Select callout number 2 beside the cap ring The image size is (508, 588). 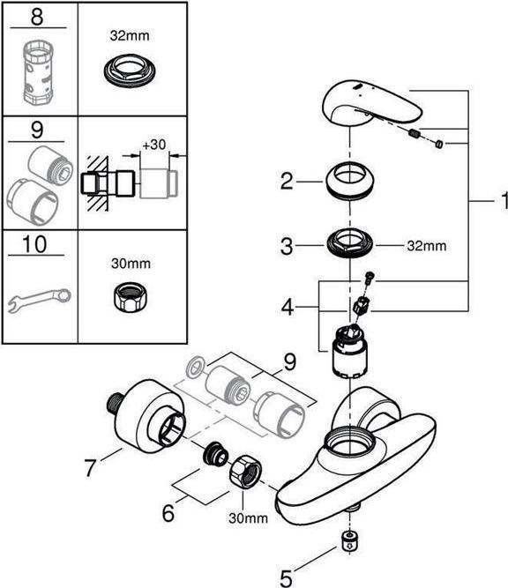click(x=286, y=182)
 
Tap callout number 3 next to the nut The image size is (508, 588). click(x=286, y=247)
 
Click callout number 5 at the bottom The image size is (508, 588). click(x=286, y=578)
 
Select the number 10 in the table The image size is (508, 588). click(x=38, y=243)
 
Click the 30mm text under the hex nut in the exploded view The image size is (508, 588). click(x=250, y=518)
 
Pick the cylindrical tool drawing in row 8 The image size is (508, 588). click(x=38, y=70)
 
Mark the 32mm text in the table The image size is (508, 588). click(x=131, y=37)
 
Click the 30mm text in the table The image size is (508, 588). click(x=131, y=262)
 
